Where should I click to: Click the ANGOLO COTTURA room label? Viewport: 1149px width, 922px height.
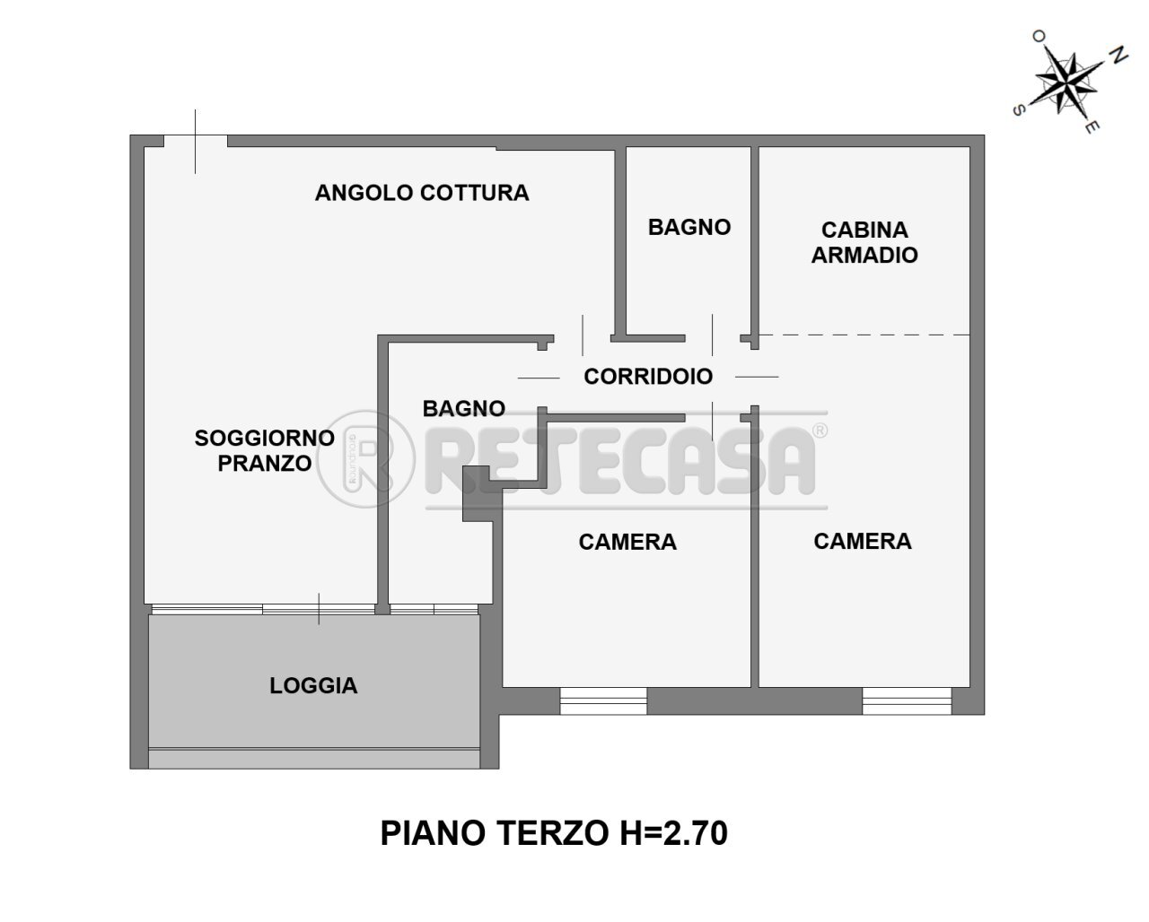point(422,193)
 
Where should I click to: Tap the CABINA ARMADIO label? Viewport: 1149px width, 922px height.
point(864,242)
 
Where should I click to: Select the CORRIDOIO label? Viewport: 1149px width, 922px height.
point(648,377)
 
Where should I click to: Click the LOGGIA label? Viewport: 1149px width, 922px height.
point(313,686)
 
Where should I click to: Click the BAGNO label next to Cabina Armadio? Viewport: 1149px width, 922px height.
point(689,228)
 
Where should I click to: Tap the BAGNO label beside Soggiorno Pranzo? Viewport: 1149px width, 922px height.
point(464,409)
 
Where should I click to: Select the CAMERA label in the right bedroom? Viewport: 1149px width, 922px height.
point(863,541)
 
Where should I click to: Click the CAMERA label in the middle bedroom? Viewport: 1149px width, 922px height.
point(627,542)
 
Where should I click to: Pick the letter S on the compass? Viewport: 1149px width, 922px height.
point(1019,110)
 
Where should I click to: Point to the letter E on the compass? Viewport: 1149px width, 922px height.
point(1090,128)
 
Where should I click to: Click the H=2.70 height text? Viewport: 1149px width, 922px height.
point(671,833)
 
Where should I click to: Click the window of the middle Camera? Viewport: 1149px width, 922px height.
point(603,700)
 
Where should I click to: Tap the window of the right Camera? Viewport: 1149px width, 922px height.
point(907,700)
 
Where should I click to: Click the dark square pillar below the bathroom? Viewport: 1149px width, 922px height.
point(473,496)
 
